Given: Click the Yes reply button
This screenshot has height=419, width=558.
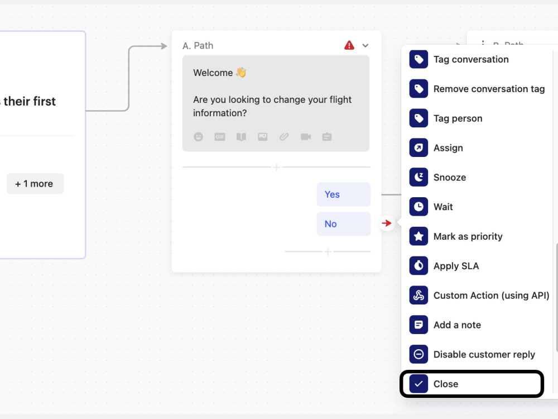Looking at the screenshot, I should point(343,194).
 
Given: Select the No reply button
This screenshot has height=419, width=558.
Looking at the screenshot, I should point(343,224).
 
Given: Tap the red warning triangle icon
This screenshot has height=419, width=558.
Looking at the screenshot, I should point(349,45).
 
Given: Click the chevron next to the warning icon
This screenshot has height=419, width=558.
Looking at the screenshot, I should point(365,46).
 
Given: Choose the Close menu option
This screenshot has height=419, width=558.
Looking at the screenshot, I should point(472,384).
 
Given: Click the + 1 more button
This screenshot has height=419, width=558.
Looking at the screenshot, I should point(35,184).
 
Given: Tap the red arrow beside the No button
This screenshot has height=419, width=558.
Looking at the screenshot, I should point(387,223).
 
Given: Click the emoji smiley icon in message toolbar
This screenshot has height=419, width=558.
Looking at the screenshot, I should point(199,137).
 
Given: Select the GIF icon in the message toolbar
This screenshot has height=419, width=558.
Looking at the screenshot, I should point(220,137).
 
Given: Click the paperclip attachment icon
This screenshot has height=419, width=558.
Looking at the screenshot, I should point(284,137).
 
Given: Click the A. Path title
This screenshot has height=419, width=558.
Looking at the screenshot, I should point(198,46).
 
